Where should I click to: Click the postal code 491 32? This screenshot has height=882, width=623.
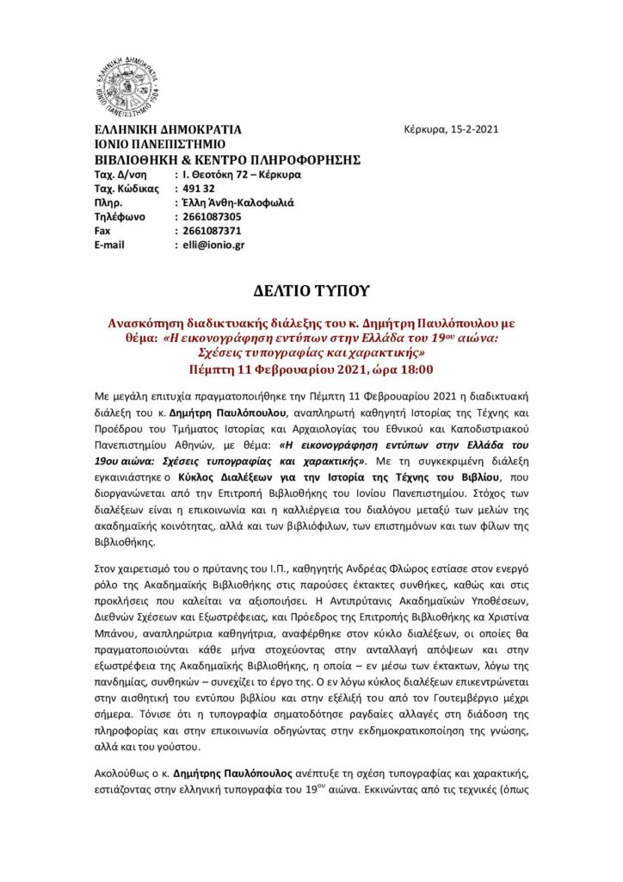(198, 188)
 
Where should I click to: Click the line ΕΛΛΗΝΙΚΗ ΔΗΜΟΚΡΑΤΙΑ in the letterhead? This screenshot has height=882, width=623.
(168, 130)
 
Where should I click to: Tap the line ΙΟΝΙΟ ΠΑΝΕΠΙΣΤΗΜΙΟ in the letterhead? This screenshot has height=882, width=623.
(159, 145)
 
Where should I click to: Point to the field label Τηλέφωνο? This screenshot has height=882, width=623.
(120, 216)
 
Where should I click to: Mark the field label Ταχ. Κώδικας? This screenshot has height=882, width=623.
(126, 188)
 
